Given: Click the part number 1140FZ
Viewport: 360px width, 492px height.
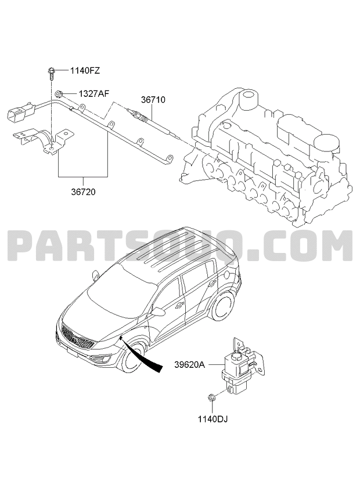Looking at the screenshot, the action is [85, 71].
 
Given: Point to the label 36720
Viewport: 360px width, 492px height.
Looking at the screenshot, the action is [83, 191].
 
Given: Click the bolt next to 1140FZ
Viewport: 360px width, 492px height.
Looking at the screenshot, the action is [51, 73].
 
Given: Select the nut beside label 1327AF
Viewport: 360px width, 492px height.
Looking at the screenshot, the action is [59, 93].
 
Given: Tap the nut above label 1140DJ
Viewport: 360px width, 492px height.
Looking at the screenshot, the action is [211, 398].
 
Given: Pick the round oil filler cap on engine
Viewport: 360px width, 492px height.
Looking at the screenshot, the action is [326, 144].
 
